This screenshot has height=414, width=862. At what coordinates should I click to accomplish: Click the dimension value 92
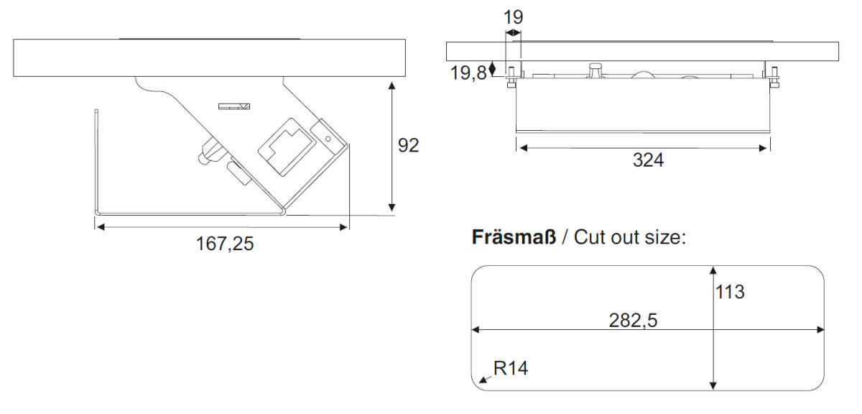408,145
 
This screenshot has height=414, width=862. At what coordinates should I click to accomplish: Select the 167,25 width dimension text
225,244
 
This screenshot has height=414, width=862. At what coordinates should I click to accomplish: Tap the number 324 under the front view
648,161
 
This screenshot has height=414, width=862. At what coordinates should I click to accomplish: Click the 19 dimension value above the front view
513,18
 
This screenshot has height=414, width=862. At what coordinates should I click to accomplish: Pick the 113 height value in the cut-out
730,293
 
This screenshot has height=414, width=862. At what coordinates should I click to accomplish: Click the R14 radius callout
511,369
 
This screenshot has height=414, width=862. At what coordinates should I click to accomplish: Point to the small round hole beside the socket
328,138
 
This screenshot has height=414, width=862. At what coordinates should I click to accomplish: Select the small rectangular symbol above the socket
234,106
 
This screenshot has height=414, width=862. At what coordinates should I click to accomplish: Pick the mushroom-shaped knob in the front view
595,69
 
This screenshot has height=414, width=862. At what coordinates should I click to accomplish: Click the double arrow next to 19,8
493,69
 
